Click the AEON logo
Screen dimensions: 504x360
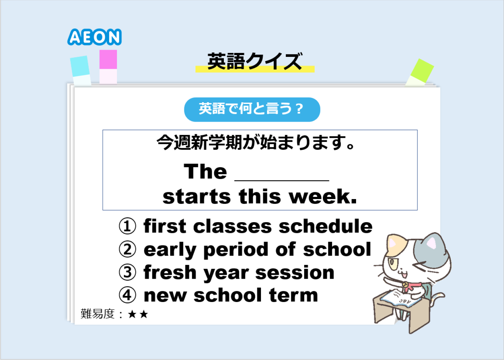click(94, 37)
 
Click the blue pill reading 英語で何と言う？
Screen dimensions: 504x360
click(252, 109)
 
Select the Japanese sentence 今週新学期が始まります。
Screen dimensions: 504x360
click(256, 142)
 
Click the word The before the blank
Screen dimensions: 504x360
click(206, 171)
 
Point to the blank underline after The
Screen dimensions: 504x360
click(282, 180)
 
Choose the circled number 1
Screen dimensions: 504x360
click(127, 226)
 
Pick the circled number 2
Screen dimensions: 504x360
click(127, 249)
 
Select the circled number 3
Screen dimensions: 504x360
click(127, 272)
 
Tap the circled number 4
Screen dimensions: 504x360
click(127, 295)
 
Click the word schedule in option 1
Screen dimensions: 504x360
click(325, 226)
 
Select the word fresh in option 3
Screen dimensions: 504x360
click(170, 272)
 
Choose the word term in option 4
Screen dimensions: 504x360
click(293, 295)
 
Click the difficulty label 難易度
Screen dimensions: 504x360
click(98, 314)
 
